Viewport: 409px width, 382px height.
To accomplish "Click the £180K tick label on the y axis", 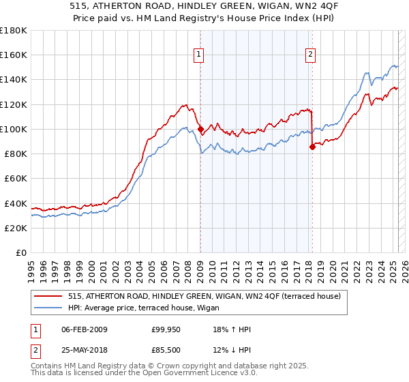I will tap(14, 31).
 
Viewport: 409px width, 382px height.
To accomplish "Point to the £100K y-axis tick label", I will tap(14, 129).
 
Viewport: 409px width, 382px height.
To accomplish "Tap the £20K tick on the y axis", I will tap(16, 228).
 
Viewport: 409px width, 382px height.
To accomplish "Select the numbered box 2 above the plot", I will tap(310, 55).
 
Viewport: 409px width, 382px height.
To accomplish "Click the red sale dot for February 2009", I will tap(200, 129).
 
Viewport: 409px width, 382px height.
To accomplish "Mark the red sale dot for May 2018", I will tap(312, 146).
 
